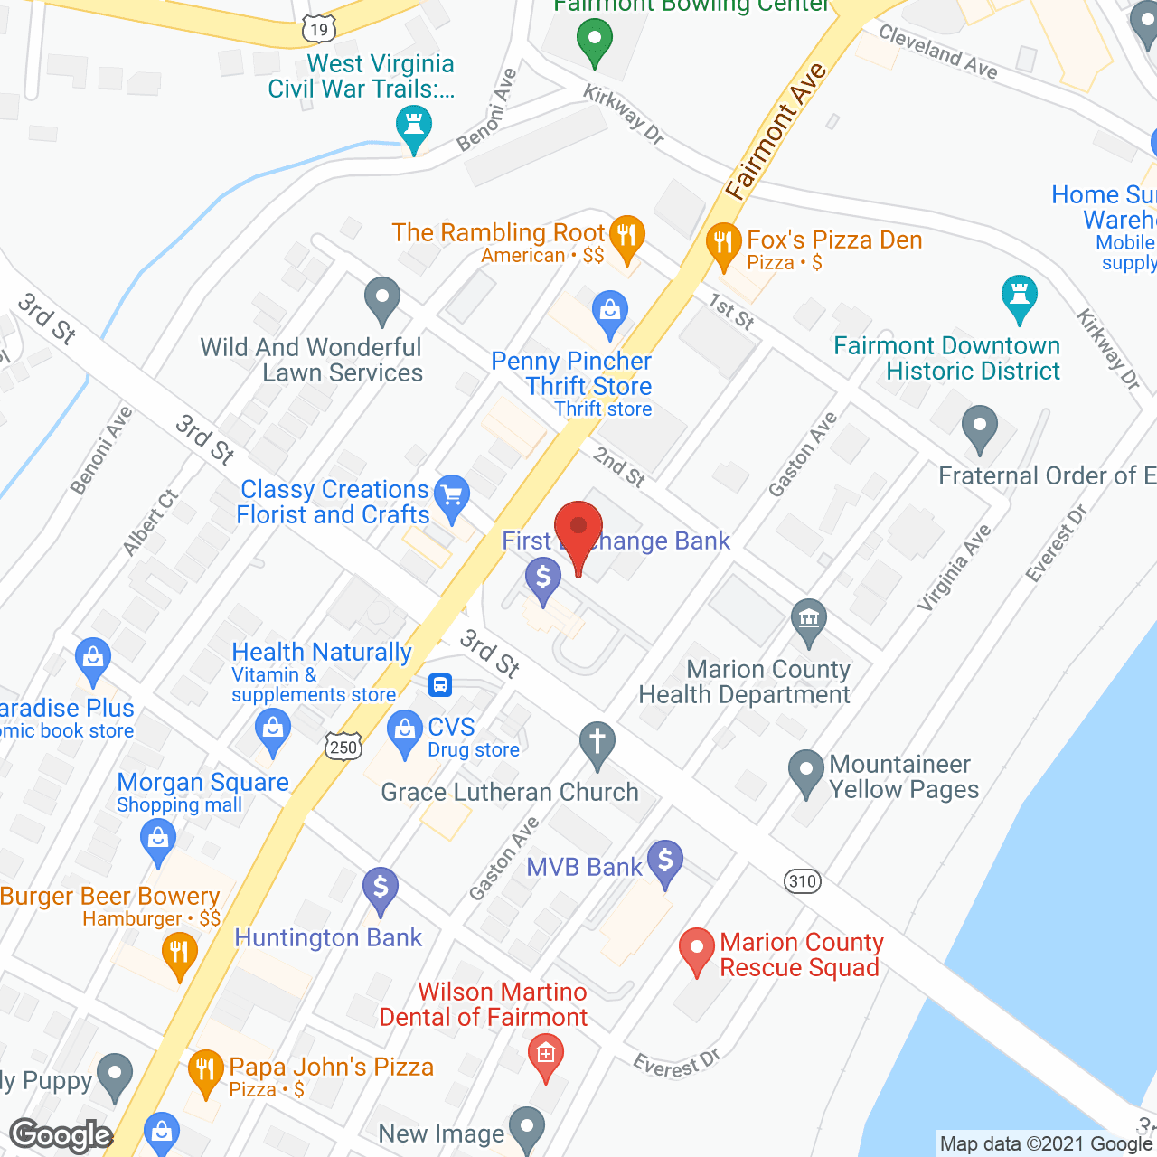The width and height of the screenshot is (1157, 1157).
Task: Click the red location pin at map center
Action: (578, 529)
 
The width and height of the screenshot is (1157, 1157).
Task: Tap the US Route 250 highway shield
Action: (343, 747)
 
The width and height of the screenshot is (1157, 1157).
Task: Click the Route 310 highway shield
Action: (803, 881)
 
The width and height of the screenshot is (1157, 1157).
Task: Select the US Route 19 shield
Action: (318, 30)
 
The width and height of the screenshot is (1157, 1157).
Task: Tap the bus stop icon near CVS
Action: (440, 684)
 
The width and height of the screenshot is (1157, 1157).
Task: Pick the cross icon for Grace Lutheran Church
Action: (597, 743)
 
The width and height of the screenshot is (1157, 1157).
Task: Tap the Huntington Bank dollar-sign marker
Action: (381, 888)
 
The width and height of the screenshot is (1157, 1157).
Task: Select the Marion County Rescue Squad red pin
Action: (697, 949)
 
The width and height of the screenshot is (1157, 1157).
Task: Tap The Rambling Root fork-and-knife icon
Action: (626, 236)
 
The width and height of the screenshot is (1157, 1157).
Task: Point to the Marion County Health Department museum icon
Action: (809, 620)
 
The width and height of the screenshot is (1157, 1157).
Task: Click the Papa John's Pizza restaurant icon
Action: (206, 1070)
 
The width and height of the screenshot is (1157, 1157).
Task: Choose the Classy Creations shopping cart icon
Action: (452, 495)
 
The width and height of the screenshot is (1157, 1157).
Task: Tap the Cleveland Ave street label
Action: (938, 52)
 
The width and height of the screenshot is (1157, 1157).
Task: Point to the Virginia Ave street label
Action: (955, 568)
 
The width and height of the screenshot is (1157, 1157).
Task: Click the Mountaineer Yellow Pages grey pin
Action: (805, 771)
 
